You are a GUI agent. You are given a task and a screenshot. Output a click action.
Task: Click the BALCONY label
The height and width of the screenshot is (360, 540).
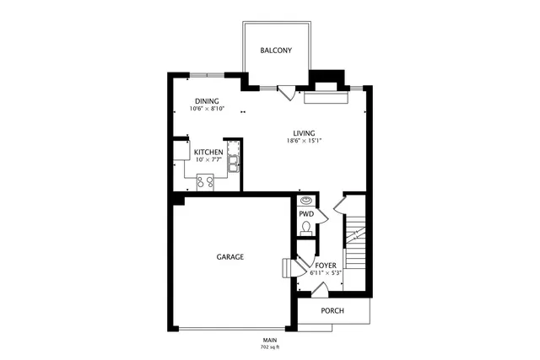pyautogui.click(x=276, y=51)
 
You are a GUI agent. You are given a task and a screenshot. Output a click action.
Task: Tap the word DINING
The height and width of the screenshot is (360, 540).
pyautogui.click(x=207, y=101)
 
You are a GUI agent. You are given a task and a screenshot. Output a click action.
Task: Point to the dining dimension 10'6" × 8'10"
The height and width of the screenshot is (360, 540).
pyautogui.click(x=207, y=109)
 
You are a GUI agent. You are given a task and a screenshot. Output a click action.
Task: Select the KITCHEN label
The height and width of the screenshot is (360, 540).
pyautogui.click(x=208, y=153)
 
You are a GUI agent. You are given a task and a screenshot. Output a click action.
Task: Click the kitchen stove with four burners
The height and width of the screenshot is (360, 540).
pyautogui.click(x=205, y=180)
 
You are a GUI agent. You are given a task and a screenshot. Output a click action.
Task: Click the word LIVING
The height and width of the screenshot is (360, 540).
pyautogui.click(x=305, y=133)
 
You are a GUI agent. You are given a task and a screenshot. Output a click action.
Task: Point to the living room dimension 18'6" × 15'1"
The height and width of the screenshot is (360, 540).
pyautogui.click(x=305, y=141)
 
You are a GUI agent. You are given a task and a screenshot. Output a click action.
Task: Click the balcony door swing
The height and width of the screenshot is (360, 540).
pyautogui.click(x=287, y=93)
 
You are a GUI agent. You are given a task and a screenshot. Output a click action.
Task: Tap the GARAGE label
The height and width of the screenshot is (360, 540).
pyautogui.click(x=230, y=257)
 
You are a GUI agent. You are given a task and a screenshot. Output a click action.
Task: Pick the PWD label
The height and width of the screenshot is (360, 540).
pyautogui.click(x=305, y=214)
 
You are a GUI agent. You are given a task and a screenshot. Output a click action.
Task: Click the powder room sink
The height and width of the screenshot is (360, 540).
pyautogui.click(x=306, y=201)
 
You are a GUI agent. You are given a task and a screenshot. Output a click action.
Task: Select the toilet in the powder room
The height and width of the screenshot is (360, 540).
pyautogui.click(x=305, y=229)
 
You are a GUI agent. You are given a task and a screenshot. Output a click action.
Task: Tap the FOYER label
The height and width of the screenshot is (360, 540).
pyautogui.click(x=326, y=265)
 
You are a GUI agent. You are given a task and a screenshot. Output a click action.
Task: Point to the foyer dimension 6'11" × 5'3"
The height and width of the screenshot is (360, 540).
pyautogui.click(x=326, y=272)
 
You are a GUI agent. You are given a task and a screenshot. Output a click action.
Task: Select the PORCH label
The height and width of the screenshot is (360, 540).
pyautogui.click(x=332, y=310)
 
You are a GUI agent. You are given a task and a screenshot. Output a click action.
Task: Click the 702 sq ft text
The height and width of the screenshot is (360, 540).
pyautogui.click(x=270, y=347)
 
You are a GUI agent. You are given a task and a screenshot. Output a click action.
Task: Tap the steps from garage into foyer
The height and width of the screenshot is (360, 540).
pyautogui.click(x=287, y=268)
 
